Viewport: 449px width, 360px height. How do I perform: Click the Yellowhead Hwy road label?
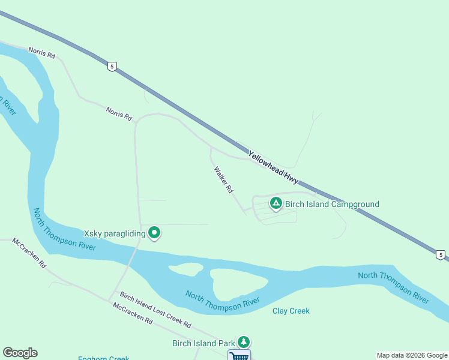pyautogui.click(x=273, y=166)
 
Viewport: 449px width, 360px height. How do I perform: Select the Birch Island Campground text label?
pyautogui.click(x=332, y=204)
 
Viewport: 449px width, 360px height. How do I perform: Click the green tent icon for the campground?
pyautogui.click(x=276, y=203)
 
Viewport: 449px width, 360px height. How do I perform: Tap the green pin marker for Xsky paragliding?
pyautogui.click(x=154, y=232)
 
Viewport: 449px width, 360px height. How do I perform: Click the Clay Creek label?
pyautogui.click(x=291, y=311)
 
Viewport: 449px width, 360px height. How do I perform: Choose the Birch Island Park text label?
pyautogui.click(x=203, y=344)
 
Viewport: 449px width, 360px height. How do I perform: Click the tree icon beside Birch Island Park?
pyautogui.click(x=243, y=342)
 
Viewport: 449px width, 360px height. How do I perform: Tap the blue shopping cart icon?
pyautogui.click(x=239, y=356)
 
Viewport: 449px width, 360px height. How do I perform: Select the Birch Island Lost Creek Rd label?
pyautogui.click(x=155, y=310)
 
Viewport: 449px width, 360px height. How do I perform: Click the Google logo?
pyautogui.click(x=20, y=353)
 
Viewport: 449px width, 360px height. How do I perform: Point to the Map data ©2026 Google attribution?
pyautogui.click(x=412, y=355)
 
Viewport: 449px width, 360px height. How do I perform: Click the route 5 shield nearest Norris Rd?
pyautogui.click(x=112, y=66)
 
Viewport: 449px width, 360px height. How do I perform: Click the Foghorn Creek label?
pyautogui.click(x=103, y=358)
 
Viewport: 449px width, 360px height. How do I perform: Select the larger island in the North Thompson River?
pyautogui.click(x=238, y=284)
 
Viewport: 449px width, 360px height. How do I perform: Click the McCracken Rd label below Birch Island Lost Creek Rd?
pyautogui.click(x=132, y=313)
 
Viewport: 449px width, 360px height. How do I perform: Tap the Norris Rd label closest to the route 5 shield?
pyautogui.click(x=41, y=53)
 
